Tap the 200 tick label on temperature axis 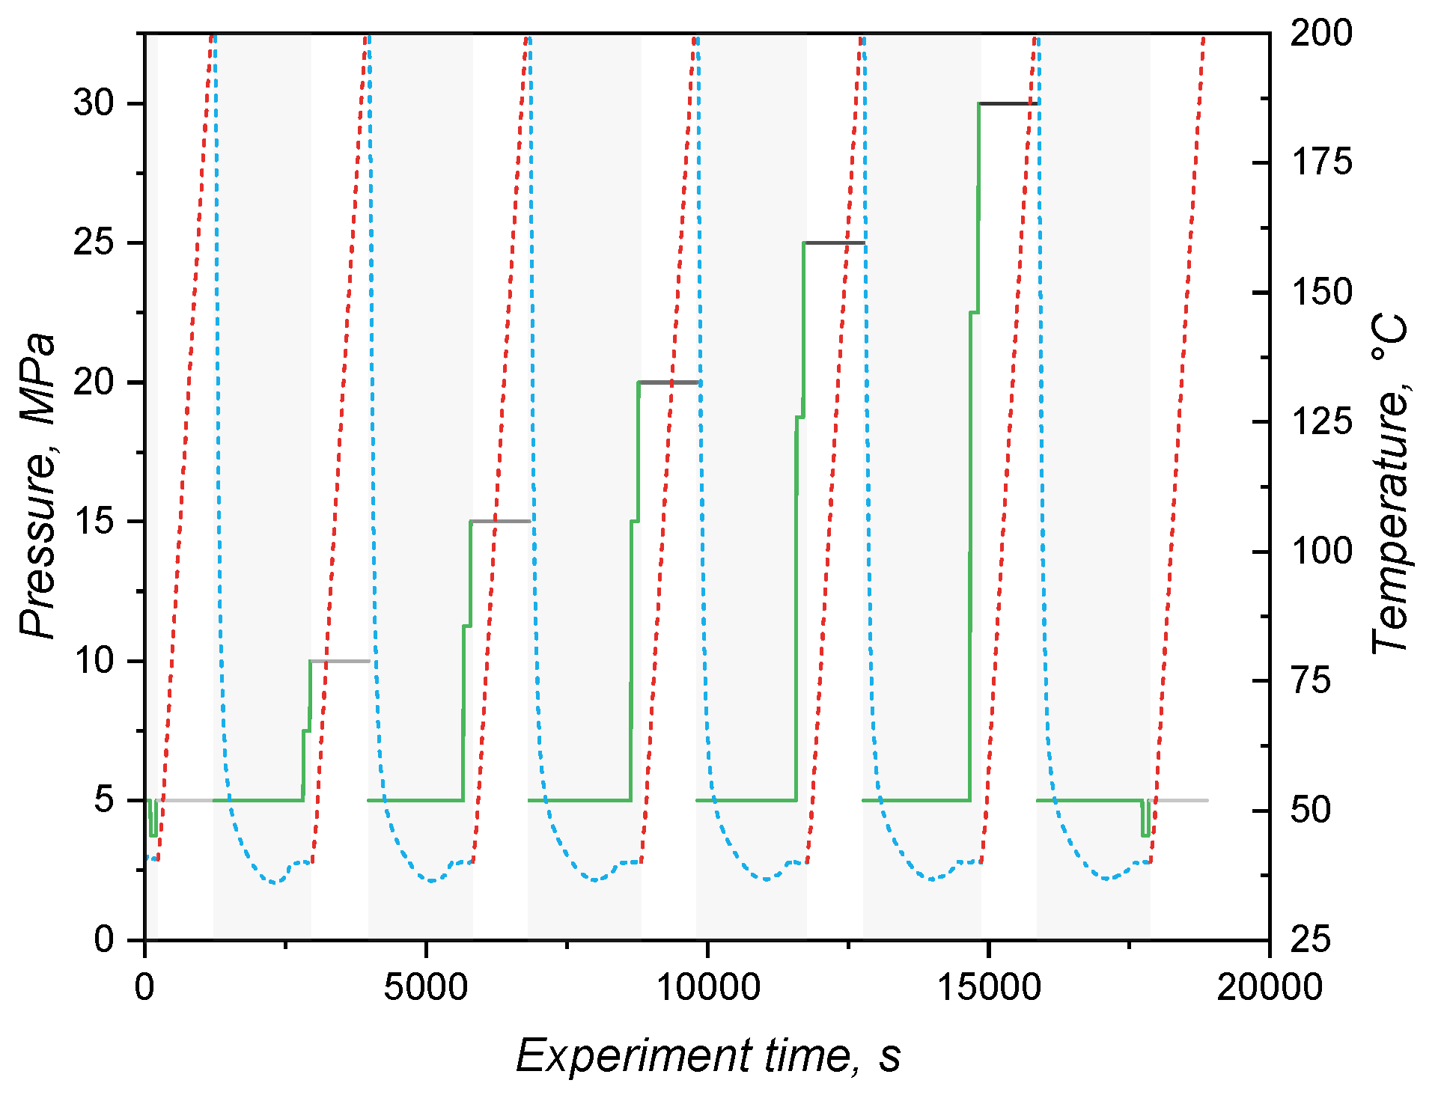(x=1320, y=33)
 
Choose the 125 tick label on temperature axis (x=1320, y=422)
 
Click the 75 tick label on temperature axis (x=1310, y=681)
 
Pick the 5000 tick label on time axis (x=425, y=986)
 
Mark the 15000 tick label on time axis (x=988, y=986)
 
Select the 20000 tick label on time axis (x=1269, y=986)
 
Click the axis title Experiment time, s (x=707, y=1056)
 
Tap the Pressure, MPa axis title (x=37, y=487)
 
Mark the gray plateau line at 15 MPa (x=500, y=521)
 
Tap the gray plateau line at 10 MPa (x=339, y=661)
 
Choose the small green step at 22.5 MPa (x=974, y=312)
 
